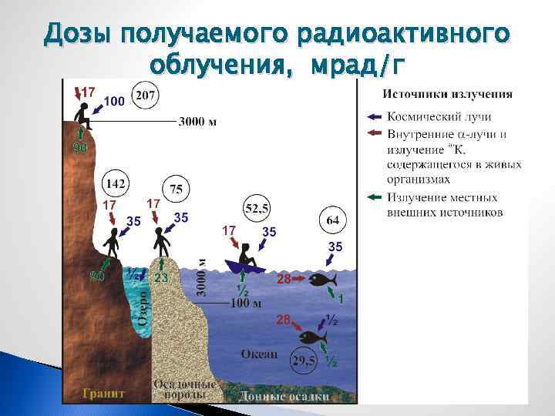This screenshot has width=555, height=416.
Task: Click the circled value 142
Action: [116, 184]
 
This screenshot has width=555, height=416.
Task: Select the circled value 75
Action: [177, 190]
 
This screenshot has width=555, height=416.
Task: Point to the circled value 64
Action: [332, 220]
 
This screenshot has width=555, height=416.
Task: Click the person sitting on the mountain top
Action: [82, 116]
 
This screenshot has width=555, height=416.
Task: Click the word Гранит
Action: [104, 393]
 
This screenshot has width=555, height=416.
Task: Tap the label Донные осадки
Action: [284, 396]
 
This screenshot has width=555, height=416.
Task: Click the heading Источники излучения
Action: [447, 95]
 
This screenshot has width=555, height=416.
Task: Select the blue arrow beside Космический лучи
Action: [374, 117]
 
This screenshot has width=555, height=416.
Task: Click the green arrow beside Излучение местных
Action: [374, 198]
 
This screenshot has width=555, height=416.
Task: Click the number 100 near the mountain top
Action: [114, 101]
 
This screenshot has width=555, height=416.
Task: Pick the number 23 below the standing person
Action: [161, 278]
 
